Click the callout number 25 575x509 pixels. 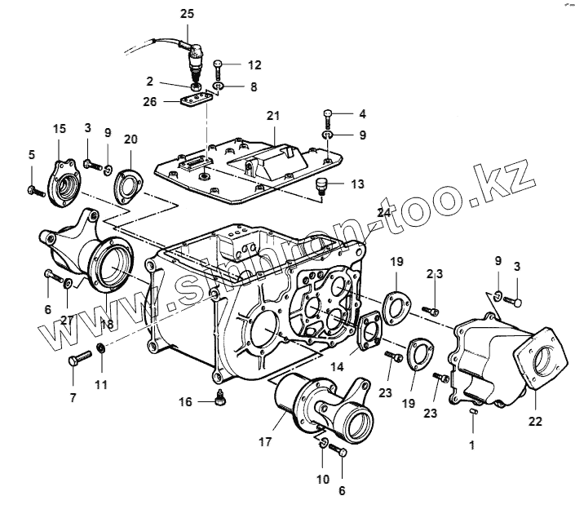click(188, 14)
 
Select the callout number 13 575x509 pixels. click(357, 184)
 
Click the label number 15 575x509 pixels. click(59, 129)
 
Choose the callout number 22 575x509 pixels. click(535, 422)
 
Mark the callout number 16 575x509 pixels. click(187, 401)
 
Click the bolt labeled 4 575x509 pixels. click(326, 113)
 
